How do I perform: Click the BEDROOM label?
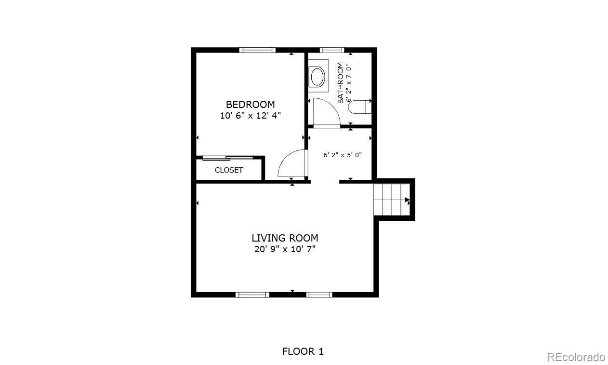pyautogui.click(x=250, y=105)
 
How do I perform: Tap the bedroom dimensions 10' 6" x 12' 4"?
pyautogui.click(x=250, y=115)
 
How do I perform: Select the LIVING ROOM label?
pyautogui.click(x=285, y=238)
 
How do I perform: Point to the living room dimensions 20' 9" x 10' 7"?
pyautogui.click(x=285, y=249)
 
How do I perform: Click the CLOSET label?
pyautogui.click(x=229, y=170)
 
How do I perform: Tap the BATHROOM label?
pyautogui.click(x=340, y=83)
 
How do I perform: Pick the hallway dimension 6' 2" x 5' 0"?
pyautogui.click(x=343, y=155)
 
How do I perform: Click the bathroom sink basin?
pyautogui.click(x=317, y=77)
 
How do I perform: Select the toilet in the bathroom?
pyautogui.click(x=359, y=107)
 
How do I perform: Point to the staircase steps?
pyautogui.click(x=391, y=200)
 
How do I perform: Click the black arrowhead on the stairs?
pyautogui.click(x=407, y=200)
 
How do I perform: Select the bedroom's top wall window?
pyautogui.click(x=257, y=50)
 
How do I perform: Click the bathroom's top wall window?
pyautogui.click(x=332, y=50)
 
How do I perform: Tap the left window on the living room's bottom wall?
pyautogui.click(x=252, y=295)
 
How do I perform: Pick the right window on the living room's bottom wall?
pyautogui.click(x=319, y=295)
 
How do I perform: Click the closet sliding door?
pyautogui.click(x=228, y=158)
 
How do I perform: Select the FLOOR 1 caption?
pyautogui.click(x=303, y=351)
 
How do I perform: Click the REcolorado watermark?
pyautogui.click(x=576, y=357)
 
